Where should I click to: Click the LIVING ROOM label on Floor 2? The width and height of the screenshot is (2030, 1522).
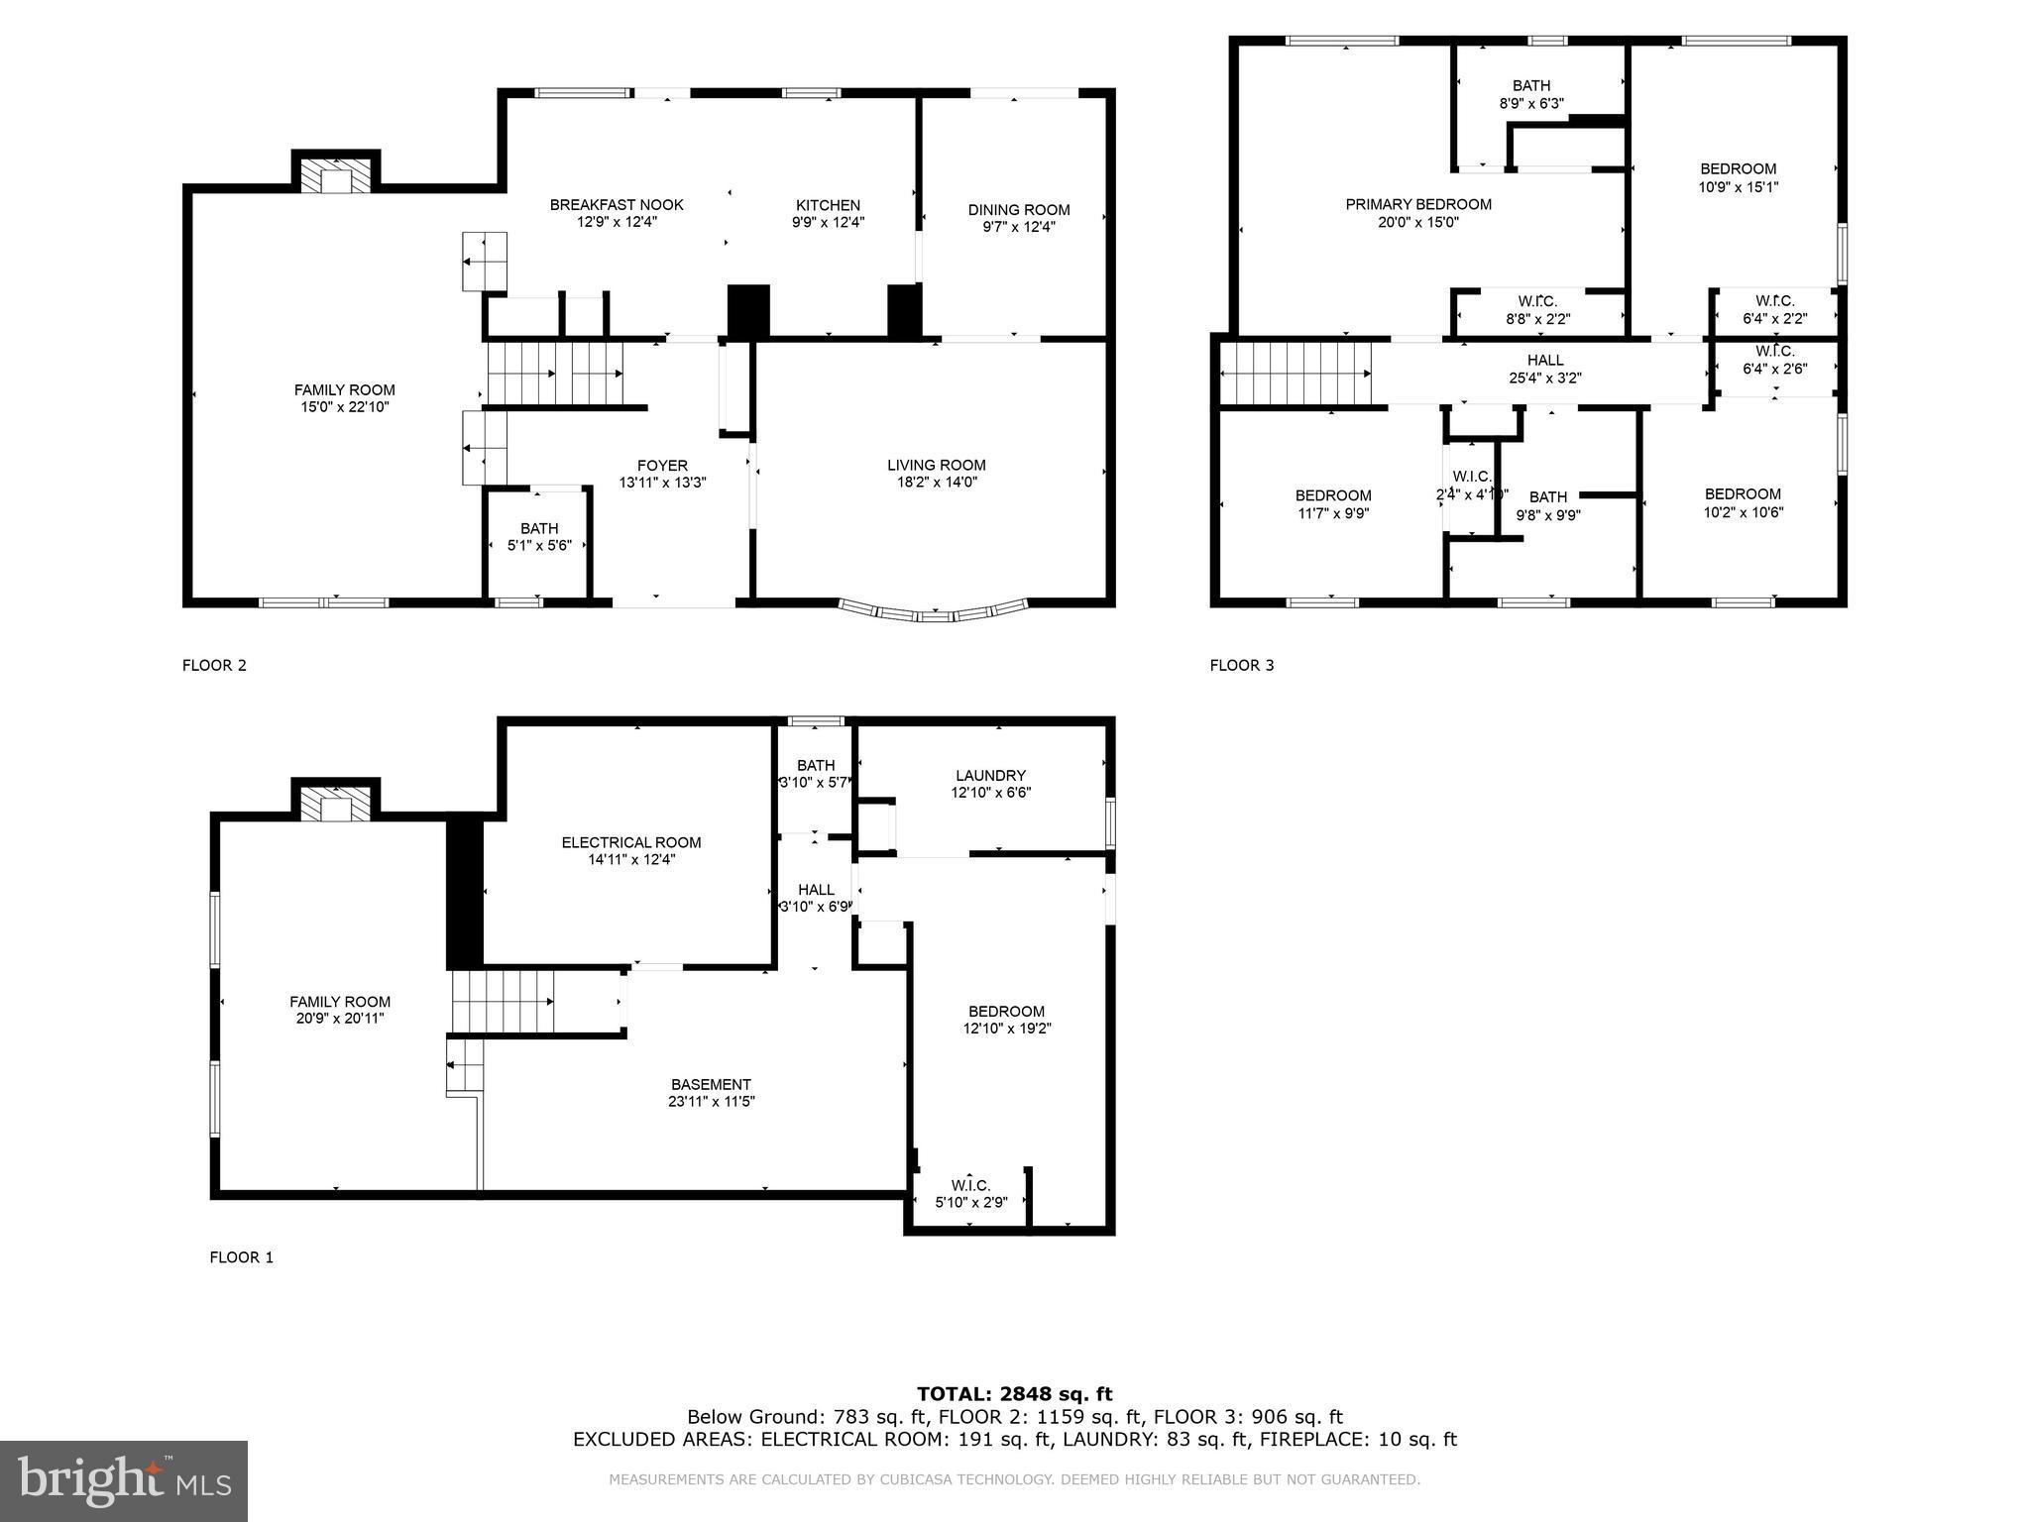pyautogui.click(x=936, y=465)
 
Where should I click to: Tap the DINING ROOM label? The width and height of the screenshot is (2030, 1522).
pyautogui.click(x=1018, y=209)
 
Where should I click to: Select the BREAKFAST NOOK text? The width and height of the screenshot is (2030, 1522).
pyautogui.click(x=617, y=205)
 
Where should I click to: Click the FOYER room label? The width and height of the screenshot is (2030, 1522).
pyautogui.click(x=662, y=466)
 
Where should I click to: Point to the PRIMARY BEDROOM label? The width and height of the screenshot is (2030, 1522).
pyautogui.click(x=1417, y=204)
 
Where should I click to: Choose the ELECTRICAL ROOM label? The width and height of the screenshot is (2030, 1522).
pyautogui.click(x=630, y=842)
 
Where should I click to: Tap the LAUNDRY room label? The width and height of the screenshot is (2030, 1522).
pyautogui.click(x=990, y=775)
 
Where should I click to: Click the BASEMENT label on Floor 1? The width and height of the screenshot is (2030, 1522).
pyautogui.click(x=710, y=1084)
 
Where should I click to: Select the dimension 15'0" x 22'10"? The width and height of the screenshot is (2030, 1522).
pyautogui.click(x=344, y=407)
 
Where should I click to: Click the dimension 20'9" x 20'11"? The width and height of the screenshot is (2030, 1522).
pyautogui.click(x=339, y=1019)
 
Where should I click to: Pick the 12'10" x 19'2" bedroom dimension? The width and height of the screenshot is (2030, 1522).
pyautogui.click(x=1006, y=1029)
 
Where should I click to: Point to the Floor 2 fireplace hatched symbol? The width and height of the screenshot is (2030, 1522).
pyautogui.click(x=336, y=177)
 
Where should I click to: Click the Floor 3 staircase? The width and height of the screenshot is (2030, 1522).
pyautogui.click(x=1295, y=374)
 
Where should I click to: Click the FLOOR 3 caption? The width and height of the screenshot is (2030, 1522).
pyautogui.click(x=1241, y=665)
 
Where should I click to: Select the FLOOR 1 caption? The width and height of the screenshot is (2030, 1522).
pyautogui.click(x=241, y=1257)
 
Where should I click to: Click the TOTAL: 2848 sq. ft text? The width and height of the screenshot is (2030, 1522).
pyautogui.click(x=1014, y=1394)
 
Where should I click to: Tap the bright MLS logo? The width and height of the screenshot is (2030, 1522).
pyautogui.click(x=124, y=1480)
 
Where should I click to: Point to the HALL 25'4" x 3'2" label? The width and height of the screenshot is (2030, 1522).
pyautogui.click(x=1544, y=369)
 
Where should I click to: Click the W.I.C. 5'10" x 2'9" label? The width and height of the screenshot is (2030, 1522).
pyautogui.click(x=970, y=1194)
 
